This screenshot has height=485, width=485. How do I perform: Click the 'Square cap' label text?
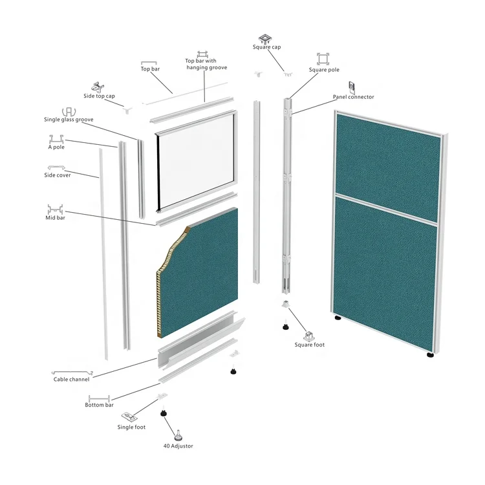coord(266,47)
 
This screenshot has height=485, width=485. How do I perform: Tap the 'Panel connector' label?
coord(353,97)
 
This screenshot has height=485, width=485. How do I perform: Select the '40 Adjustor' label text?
coord(178,446)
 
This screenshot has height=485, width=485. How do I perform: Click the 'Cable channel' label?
coord(71,379)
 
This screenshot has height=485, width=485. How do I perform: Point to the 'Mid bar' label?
coord(56,217)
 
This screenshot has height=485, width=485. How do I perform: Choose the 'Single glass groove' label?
coord(69,120)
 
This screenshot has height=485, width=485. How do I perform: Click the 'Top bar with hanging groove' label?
coord(206,64)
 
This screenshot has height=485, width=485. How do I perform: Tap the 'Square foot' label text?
coord(310,345)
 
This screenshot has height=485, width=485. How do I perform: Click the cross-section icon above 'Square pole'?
coord(323,59)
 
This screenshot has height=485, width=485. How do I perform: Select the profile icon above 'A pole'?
coord(56,139)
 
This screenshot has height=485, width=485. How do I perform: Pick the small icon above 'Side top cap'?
coord(98,87)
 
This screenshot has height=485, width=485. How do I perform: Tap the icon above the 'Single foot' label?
coord(130,418)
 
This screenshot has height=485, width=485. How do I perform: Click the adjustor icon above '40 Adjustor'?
coord(178,435)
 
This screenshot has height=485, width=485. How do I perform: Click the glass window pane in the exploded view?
coord(196,160)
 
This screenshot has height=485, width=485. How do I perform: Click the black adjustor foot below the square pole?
coord(285,326)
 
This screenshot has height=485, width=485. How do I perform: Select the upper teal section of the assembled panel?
coord(388,166)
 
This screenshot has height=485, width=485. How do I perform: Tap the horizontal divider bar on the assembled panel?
coord(386,209)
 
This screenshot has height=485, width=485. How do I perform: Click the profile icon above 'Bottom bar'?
coord(99,398)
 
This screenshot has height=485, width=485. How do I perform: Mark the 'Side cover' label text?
coord(58,175)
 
